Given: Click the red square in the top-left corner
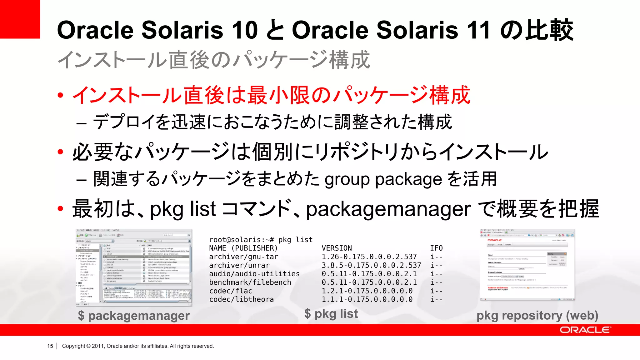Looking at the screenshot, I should coord(20,19).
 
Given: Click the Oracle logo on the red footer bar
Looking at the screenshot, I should coord(585,330).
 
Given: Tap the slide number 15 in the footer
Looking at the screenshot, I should coord(50,346).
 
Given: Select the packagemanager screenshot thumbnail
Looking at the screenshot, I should coord(134,267).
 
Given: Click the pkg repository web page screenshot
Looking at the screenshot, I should coord(527,265).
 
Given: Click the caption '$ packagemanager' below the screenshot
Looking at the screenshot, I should coord(134,316).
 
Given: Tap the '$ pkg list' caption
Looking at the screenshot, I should coord(331,313).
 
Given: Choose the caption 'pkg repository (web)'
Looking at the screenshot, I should coord(537,316).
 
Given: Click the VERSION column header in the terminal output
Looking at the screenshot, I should coord(337,248).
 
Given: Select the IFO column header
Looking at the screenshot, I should coord(436,248).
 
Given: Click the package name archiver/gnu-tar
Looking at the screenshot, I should coord(244,257).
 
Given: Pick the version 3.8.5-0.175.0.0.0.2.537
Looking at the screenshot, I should coord(371,265).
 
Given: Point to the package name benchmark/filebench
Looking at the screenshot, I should coord(250,282).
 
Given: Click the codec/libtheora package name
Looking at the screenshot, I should coord(242,299).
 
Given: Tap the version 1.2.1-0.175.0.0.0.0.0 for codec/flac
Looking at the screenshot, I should coord(367,291).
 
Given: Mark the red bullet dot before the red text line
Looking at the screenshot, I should coord(61,95).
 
